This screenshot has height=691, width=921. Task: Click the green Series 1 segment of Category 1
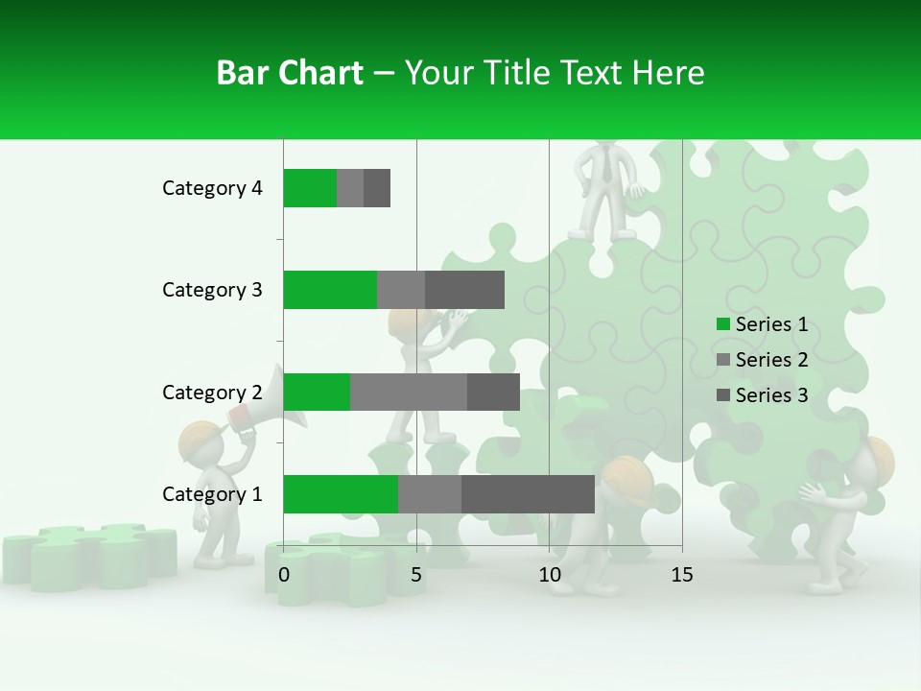pyautogui.click(x=341, y=493)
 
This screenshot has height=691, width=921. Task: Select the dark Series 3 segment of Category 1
pyautogui.click(x=528, y=493)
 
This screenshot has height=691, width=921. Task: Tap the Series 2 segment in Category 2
pyautogui.click(x=409, y=392)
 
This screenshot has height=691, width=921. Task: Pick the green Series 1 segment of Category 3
pyautogui.click(x=330, y=289)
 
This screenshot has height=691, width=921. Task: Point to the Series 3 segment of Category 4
pyautogui.click(x=377, y=187)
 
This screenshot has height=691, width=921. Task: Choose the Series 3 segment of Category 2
pyautogui.click(x=493, y=392)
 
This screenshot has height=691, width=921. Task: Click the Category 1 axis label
pyautogui.click(x=212, y=494)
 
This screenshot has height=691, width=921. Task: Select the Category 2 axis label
pyautogui.click(x=212, y=392)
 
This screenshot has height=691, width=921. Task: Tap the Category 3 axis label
pyautogui.click(x=212, y=290)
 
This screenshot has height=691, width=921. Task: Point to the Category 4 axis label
pyautogui.click(x=212, y=188)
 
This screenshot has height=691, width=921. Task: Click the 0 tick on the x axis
pyautogui.click(x=284, y=575)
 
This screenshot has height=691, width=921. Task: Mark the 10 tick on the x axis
pyautogui.click(x=549, y=575)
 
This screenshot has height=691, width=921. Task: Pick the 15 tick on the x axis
pyautogui.click(x=681, y=575)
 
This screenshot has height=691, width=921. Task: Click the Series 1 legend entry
pyautogui.click(x=763, y=324)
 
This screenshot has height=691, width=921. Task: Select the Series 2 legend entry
pyautogui.click(x=763, y=360)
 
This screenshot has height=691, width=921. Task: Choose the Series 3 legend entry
pyautogui.click(x=763, y=395)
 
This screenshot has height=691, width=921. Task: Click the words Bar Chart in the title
pyautogui.click(x=290, y=73)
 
